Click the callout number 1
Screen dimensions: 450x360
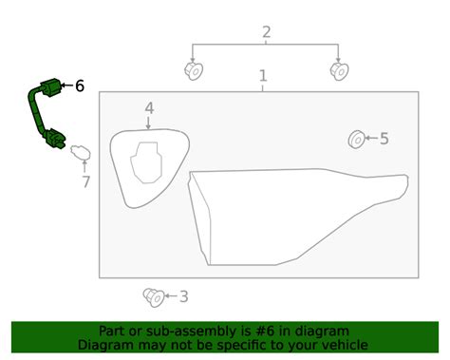click(x=263, y=76)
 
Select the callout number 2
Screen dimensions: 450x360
click(x=267, y=32)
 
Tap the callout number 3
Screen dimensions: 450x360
click(x=184, y=296)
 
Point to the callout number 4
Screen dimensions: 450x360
click(x=149, y=108)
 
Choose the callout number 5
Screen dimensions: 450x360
click(x=384, y=139)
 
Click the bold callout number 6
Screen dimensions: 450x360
click(x=80, y=85)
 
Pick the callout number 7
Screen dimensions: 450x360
click(x=85, y=181)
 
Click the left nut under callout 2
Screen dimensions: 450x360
click(x=194, y=71)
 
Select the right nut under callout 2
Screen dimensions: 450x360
click(x=340, y=71)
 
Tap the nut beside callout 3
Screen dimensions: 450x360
click(x=154, y=297)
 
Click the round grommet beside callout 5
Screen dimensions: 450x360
click(x=356, y=139)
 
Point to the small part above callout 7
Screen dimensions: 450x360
click(x=81, y=152)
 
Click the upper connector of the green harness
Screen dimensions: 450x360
click(x=50, y=86)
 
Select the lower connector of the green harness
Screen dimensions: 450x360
click(x=55, y=139)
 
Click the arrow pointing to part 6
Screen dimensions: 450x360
click(x=66, y=85)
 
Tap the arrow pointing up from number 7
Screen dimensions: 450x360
click(x=84, y=166)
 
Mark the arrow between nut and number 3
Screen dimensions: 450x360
click(x=171, y=296)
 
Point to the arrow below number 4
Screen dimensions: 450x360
click(x=148, y=123)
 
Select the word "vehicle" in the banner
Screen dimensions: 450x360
click(x=347, y=345)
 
